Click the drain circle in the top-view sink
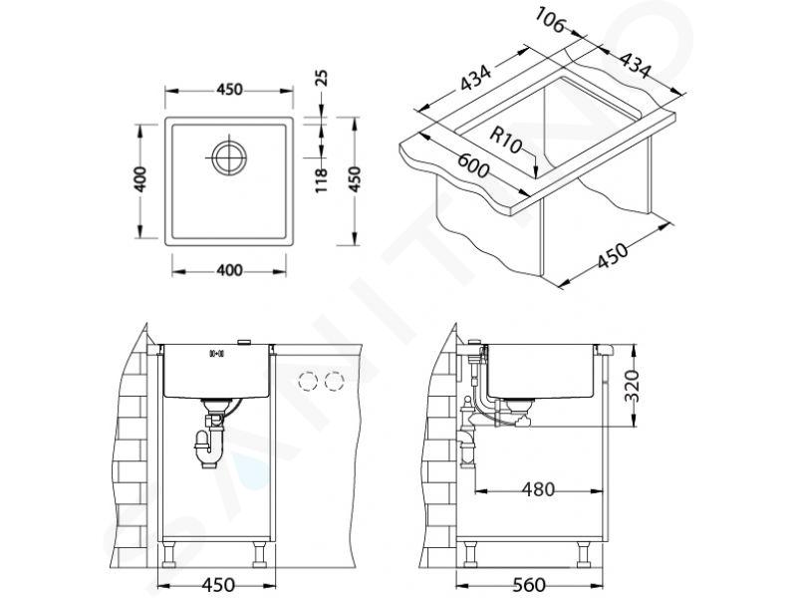pos(230,157)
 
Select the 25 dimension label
pos(321,79)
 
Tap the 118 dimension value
pos(321,180)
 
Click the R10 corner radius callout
pos(506,140)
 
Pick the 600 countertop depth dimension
pos(473,164)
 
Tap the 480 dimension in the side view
pos(538,489)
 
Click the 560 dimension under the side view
pos(529,585)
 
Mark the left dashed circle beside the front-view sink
pos(308,381)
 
